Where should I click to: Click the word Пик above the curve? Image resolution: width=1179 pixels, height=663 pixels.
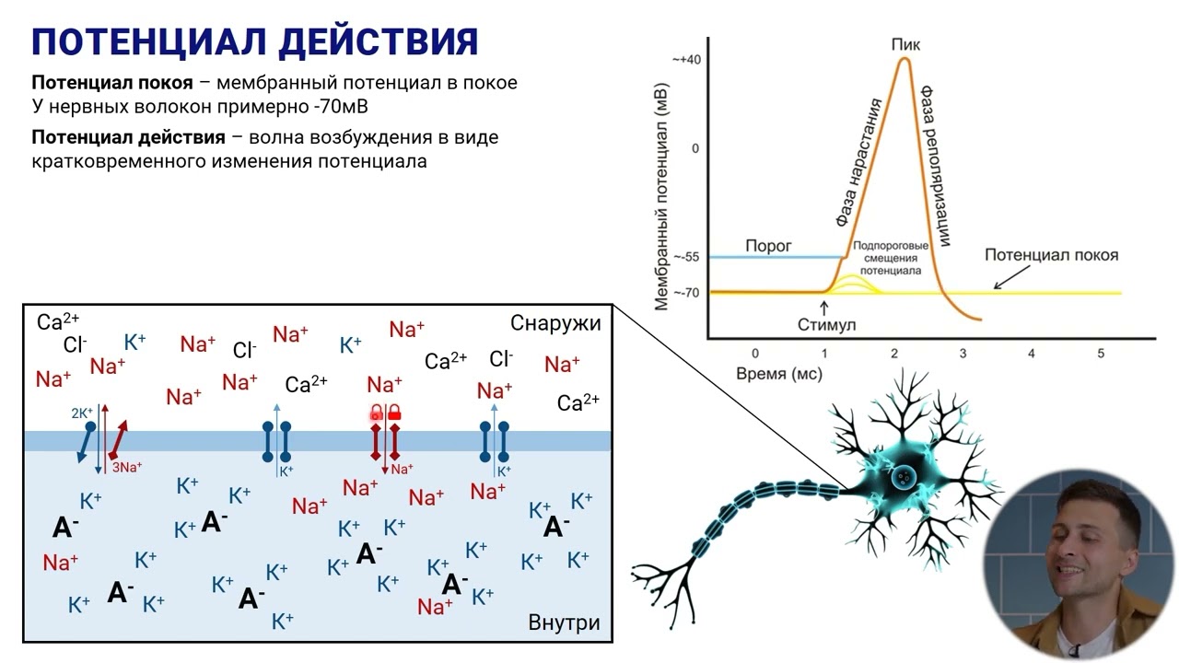coord(905,44)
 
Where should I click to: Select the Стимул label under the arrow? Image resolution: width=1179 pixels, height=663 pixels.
coord(826,325)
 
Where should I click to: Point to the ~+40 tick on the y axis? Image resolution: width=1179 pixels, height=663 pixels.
coord(686,59)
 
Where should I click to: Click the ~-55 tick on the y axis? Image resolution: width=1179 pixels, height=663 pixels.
coord(686,257)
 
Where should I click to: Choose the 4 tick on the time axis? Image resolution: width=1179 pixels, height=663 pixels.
coord(1032,354)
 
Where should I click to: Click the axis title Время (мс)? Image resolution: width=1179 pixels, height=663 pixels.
coord(778,374)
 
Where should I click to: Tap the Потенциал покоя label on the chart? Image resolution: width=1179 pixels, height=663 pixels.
coord(1051,255)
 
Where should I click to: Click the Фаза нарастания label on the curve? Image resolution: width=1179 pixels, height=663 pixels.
coord(858,161)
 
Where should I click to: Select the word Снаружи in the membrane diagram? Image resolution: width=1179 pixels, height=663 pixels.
coord(555,323)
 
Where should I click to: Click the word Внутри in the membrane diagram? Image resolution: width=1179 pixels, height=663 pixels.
coord(564,622)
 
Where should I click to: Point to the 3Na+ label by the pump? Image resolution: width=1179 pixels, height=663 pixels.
coord(127,467)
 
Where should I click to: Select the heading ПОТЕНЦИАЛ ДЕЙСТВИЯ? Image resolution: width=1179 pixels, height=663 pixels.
coord(255,41)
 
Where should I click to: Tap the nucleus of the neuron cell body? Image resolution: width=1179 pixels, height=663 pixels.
coord(904,476)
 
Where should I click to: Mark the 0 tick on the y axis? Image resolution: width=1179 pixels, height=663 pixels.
coord(695,148)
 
